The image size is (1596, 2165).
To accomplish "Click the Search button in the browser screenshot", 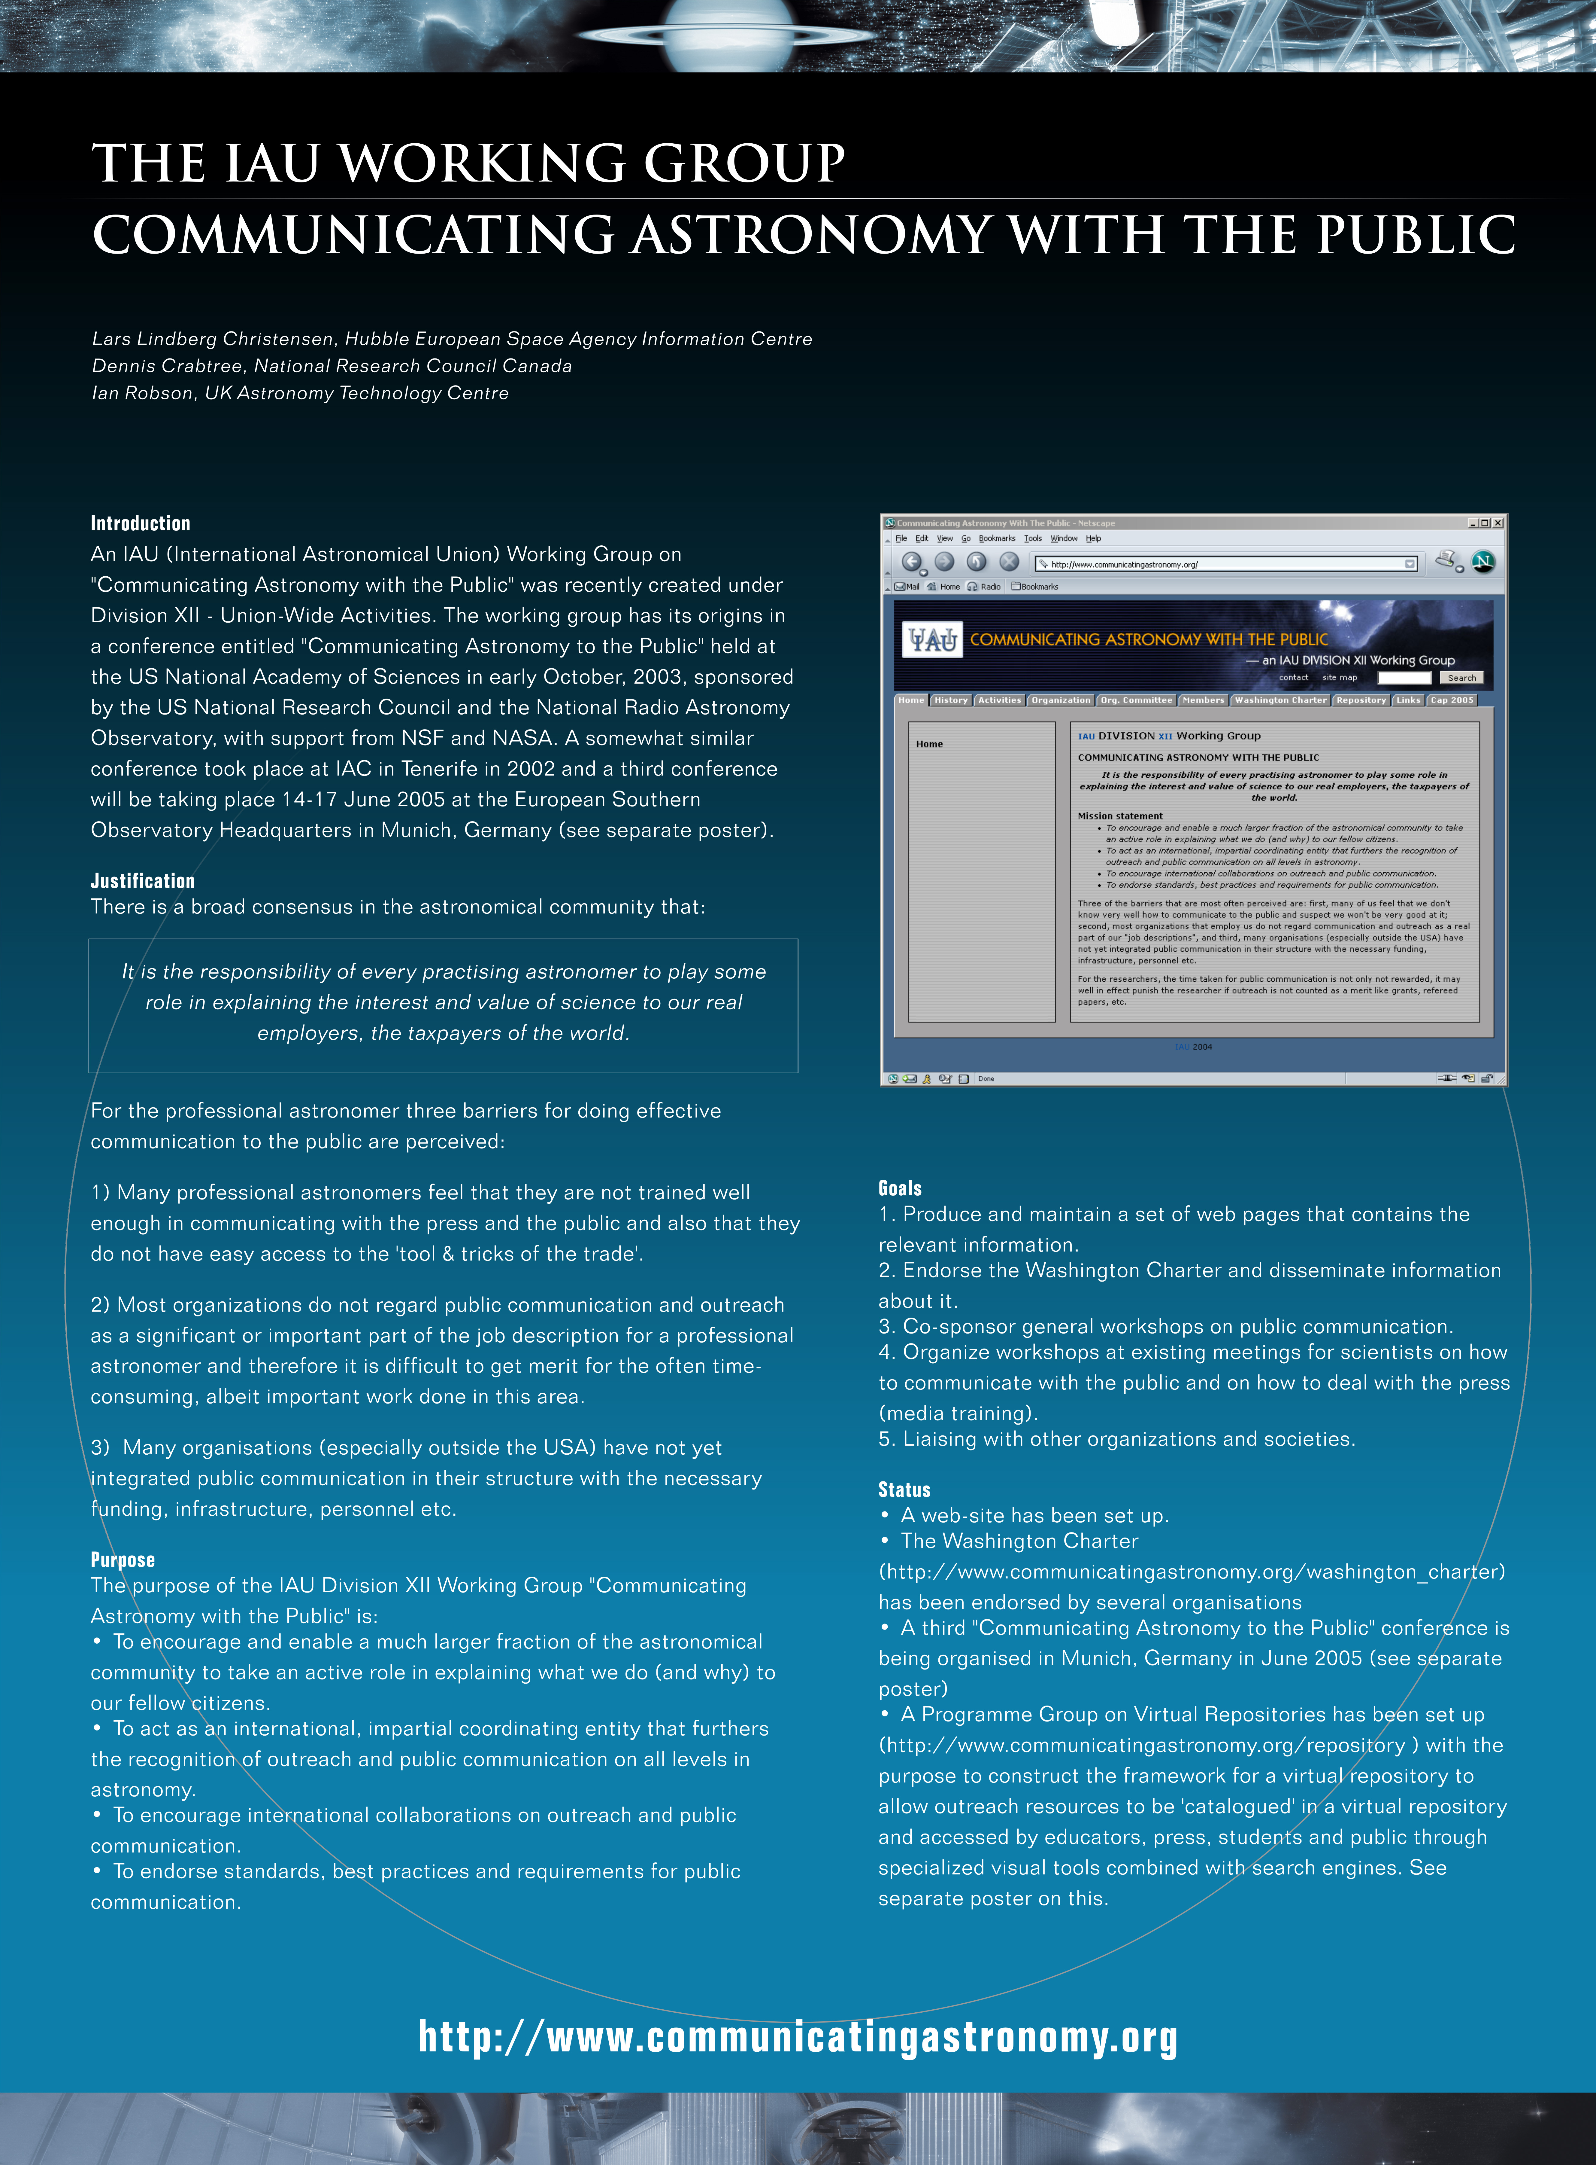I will tap(1461, 678).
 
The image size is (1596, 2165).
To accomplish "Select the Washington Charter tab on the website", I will tap(1280, 700).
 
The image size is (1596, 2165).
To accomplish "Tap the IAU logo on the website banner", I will tap(933, 640).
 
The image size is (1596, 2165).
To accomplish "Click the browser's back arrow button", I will tap(911, 562).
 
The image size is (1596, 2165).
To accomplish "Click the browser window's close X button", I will tap(1498, 523).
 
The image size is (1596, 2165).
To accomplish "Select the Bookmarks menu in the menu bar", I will tap(996, 538).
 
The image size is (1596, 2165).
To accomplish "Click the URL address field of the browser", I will tap(1222, 563).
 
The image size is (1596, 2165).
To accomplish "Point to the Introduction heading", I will tap(140, 523).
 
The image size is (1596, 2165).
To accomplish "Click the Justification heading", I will tap(142, 880).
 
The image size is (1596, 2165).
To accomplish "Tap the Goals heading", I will tap(899, 1188).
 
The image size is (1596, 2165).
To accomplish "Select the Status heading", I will tap(904, 1490).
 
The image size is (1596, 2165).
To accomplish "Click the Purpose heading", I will tap(123, 1559).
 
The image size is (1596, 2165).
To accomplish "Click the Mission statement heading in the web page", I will tap(1120, 816).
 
